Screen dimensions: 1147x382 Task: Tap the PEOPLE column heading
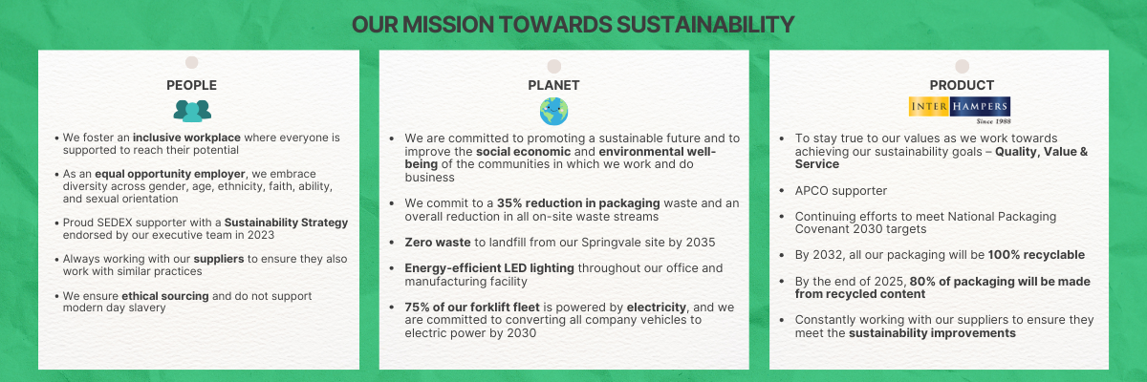[191, 85]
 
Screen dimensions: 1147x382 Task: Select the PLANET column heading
[553, 85]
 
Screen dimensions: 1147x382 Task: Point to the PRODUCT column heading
[962, 85]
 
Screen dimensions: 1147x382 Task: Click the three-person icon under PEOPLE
[192, 111]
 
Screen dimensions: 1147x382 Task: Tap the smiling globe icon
[554, 112]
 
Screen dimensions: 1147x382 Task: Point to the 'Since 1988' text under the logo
[993, 121]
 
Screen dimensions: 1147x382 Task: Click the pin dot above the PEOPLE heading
[191, 62]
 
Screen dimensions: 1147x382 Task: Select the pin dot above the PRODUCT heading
[963, 66]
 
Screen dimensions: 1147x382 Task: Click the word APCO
[811, 191]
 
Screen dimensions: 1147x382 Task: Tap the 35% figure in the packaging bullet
[509, 203]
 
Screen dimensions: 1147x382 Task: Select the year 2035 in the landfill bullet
[701, 243]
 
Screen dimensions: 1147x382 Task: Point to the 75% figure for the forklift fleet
[417, 308]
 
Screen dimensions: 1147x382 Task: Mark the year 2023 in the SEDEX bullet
[261, 235]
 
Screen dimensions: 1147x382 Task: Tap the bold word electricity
[657, 308]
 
